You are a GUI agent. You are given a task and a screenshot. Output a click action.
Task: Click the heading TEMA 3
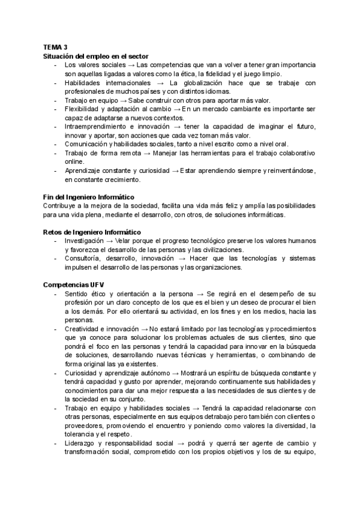55,47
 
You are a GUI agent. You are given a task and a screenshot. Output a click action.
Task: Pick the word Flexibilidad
82,109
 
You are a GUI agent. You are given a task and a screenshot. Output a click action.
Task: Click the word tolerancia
82,435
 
